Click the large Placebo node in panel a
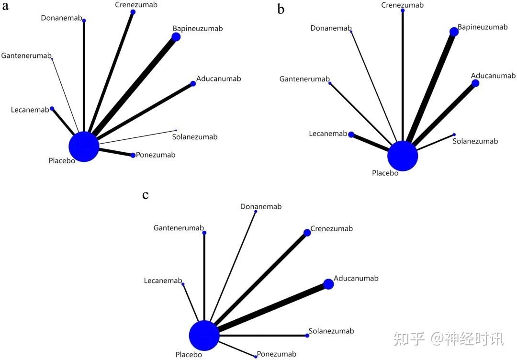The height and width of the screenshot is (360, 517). click(84, 146)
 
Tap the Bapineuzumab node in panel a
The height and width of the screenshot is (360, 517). click(176, 37)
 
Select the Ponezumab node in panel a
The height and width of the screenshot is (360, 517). click(133, 155)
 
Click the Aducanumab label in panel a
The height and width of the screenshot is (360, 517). click(219, 79)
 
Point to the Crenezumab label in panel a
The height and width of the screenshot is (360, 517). click(136, 5)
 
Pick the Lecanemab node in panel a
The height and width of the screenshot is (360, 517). click(52, 109)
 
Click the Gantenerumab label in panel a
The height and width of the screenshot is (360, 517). click(26, 56)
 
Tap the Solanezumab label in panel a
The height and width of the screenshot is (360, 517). click(194, 137)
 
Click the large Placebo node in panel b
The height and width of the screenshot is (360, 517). click(403, 156)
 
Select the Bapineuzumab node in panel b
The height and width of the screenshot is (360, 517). click(454, 32)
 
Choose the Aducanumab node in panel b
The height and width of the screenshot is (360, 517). click(475, 83)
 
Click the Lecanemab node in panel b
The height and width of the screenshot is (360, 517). click(351, 135)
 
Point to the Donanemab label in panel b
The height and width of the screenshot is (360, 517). click(331, 28)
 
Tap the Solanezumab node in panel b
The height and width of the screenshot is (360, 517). click(454, 135)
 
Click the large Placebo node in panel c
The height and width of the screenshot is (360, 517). click(204, 336)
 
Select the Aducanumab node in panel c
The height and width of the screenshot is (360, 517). click(328, 284)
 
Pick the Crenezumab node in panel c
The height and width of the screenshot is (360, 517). click(307, 233)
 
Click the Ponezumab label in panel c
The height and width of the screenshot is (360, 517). click(277, 355)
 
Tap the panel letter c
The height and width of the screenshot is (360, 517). click(146, 195)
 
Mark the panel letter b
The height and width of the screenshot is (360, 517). click(281, 9)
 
